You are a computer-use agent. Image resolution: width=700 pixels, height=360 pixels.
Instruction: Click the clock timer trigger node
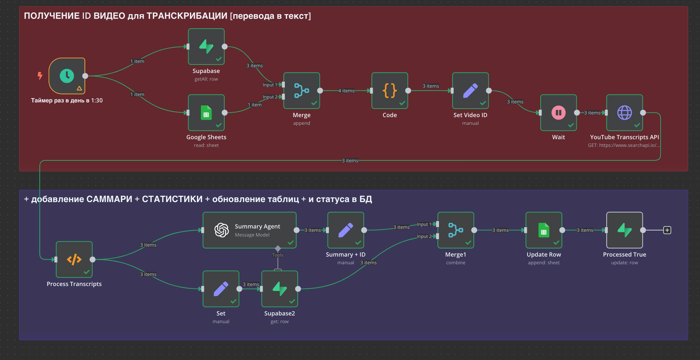(x=67, y=76)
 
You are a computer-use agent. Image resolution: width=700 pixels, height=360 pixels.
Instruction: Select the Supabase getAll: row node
(x=206, y=47)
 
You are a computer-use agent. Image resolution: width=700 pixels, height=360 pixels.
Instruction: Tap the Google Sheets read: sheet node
(x=206, y=113)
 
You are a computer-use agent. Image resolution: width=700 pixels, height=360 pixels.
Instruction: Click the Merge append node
(x=302, y=90)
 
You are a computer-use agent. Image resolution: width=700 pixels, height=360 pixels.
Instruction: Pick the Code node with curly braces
(x=390, y=90)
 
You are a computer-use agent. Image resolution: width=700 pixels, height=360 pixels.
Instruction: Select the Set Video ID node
(x=470, y=90)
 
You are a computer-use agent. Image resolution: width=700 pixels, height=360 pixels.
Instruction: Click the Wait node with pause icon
(x=559, y=113)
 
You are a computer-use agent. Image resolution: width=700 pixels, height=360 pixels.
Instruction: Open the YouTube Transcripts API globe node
(x=625, y=113)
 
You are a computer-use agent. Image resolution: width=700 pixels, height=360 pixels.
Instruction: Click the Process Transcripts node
(x=74, y=259)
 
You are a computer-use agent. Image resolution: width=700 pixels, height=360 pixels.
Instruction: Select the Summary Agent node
(x=250, y=230)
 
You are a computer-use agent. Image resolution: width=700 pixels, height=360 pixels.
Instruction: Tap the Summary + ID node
(x=346, y=230)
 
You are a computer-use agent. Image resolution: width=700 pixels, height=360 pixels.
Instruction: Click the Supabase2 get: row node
(x=280, y=289)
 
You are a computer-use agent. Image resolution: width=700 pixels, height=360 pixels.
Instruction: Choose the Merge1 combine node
(x=456, y=230)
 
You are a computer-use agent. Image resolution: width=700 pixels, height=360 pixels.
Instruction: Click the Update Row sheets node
(x=544, y=230)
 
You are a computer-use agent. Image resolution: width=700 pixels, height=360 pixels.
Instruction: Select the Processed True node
(x=625, y=230)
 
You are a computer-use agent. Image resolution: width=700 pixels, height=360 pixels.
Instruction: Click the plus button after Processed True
(x=667, y=230)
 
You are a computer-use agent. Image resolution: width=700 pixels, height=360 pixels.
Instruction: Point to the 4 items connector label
(x=346, y=91)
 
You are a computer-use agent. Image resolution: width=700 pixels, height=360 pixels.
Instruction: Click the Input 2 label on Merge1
(x=424, y=236)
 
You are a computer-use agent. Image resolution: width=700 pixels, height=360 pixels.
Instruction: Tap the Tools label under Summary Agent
(x=278, y=255)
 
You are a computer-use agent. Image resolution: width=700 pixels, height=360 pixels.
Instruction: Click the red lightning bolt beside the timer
(x=40, y=76)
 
